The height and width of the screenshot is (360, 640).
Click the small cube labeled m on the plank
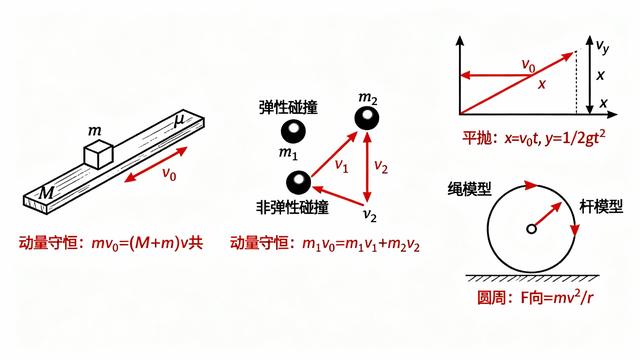(x=98, y=155)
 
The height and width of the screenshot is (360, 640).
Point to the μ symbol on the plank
(x=179, y=121)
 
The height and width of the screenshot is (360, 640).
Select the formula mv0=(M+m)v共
(x=112, y=242)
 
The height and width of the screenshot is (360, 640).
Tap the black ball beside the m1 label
(x=292, y=131)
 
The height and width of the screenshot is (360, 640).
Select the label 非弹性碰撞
(x=290, y=208)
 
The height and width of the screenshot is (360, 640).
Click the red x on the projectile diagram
(x=542, y=85)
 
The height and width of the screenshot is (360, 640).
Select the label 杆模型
(x=603, y=208)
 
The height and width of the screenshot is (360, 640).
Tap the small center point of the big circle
(x=532, y=230)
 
